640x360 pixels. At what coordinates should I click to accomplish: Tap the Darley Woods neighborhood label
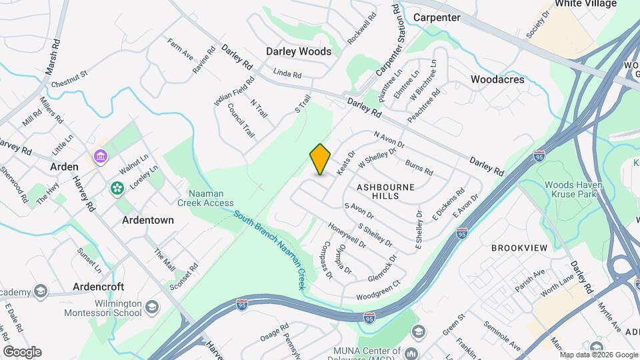[x=299, y=51]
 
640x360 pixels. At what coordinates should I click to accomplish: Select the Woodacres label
[x=497, y=79]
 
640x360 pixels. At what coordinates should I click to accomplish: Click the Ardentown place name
[x=148, y=220]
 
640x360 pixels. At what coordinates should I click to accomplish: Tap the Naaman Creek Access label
[x=205, y=197]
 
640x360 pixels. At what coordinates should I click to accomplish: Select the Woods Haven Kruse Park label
[x=578, y=189]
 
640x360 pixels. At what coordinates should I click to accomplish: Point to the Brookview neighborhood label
[x=519, y=248]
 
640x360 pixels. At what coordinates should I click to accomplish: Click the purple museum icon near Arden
[x=101, y=157]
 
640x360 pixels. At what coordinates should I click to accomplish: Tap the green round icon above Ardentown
[x=117, y=189]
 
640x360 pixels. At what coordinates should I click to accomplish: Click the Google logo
[x=22, y=351]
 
